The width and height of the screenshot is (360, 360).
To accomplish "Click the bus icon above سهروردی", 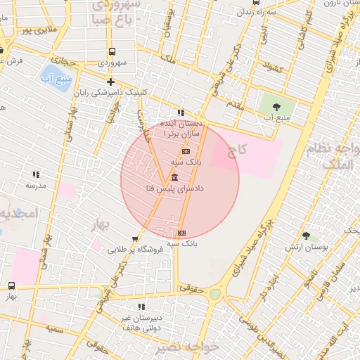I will (112, 51).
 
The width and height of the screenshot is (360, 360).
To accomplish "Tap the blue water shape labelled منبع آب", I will (52, 73).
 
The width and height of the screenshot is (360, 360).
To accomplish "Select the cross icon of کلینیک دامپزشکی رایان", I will (110, 82).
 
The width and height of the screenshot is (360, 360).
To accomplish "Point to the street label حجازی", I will (68, 62).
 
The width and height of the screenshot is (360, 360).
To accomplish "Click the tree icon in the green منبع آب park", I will (276, 106).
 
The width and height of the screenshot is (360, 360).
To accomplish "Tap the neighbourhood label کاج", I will (236, 149).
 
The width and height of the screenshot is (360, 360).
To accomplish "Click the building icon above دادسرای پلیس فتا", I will (174, 177).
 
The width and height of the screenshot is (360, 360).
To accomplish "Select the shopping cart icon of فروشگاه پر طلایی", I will (135, 238).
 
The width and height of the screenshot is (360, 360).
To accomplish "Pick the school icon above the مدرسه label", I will (35, 174).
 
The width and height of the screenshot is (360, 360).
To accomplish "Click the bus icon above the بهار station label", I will (11, 285).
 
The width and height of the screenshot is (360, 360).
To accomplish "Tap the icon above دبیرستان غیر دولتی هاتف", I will (141, 307).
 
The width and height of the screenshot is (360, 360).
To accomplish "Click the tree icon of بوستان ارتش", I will (304, 236).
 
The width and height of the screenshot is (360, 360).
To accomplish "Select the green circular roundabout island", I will (215, 295).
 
